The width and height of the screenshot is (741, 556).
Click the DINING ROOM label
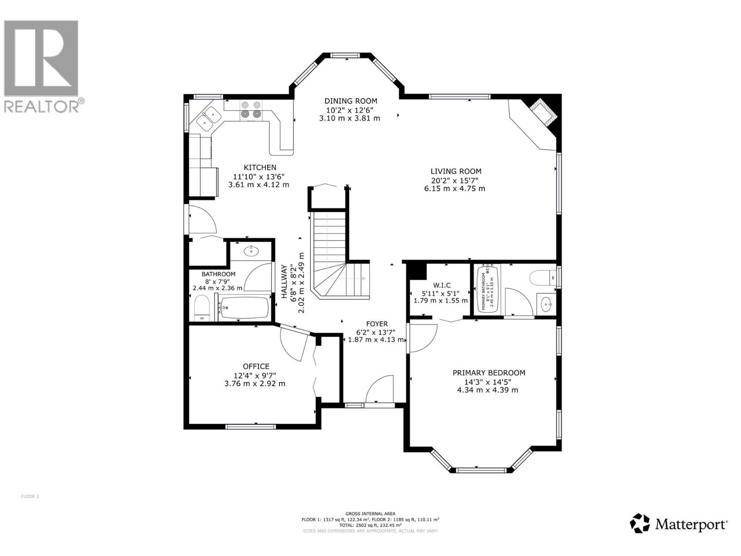[x=351, y=101]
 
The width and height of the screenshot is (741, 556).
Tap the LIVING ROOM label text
[x=456, y=171]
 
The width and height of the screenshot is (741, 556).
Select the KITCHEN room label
[x=260, y=168]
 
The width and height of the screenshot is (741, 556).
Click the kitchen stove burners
[x=250, y=109]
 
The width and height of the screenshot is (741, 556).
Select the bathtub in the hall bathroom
[x=244, y=307]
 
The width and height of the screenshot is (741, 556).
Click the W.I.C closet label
[x=441, y=285]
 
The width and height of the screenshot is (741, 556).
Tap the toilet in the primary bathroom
[x=543, y=277]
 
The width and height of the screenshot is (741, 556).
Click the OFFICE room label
[x=256, y=366]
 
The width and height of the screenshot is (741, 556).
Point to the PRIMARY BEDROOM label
[x=489, y=373]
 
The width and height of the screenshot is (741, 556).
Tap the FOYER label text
[x=377, y=324]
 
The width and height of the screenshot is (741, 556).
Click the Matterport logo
[x=679, y=524]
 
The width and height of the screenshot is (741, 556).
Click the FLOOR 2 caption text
[x=30, y=496]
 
